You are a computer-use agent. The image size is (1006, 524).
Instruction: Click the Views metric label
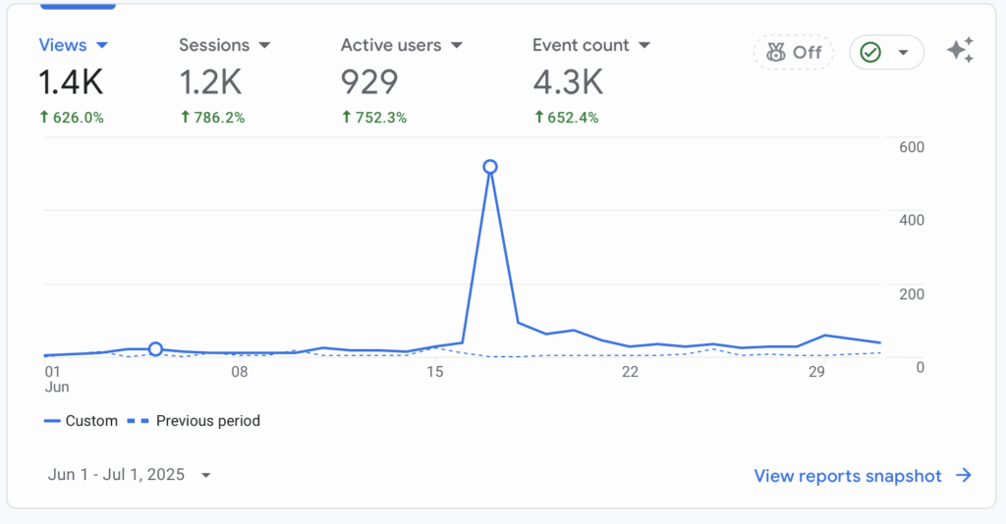click(63, 45)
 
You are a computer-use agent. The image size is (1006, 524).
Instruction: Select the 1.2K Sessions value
click(210, 82)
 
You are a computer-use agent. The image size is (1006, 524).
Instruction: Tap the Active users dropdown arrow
click(456, 45)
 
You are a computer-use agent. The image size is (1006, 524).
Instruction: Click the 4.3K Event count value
click(567, 82)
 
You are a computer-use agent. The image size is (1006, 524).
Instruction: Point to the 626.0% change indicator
click(71, 118)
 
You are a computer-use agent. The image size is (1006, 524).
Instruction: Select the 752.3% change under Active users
click(373, 118)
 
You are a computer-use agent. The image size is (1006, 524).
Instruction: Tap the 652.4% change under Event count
click(565, 118)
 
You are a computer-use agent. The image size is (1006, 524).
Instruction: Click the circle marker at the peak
click(490, 167)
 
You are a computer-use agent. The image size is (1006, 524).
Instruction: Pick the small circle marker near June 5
click(155, 349)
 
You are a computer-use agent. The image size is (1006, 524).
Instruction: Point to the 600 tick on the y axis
click(911, 147)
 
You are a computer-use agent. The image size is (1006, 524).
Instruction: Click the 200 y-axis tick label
click(911, 294)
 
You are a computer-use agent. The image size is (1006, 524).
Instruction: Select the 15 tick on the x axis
click(434, 372)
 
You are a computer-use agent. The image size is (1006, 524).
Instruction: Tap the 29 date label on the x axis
click(815, 372)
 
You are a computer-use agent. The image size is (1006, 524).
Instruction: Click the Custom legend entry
click(81, 421)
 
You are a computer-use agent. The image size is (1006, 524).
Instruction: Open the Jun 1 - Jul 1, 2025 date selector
click(130, 475)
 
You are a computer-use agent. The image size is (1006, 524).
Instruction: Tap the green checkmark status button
click(886, 53)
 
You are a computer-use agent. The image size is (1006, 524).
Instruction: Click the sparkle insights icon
click(960, 51)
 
